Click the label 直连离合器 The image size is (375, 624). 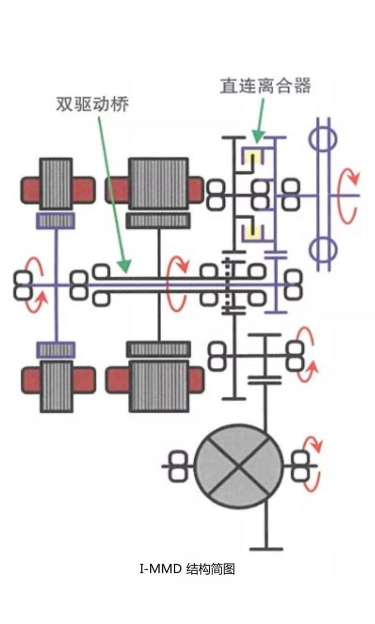pyautogui.click(x=265, y=86)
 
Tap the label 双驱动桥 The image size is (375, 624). pyautogui.click(x=93, y=104)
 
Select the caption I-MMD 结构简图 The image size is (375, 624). pyautogui.click(x=187, y=569)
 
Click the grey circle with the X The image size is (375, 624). pyautogui.click(x=238, y=466)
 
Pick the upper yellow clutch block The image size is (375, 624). pyautogui.click(x=252, y=159)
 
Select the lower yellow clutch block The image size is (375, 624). pyautogui.click(x=252, y=231)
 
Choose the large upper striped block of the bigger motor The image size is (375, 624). pyautogui.click(x=158, y=183)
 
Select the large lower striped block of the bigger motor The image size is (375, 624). pyautogui.click(x=158, y=386)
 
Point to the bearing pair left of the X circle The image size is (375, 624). pyautogui.click(x=178, y=466)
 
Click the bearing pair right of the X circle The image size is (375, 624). pyautogui.click(x=300, y=466)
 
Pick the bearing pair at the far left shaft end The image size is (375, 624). pyautogui.click(x=24, y=285)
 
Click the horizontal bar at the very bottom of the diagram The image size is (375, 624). pyautogui.click(x=265, y=549)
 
